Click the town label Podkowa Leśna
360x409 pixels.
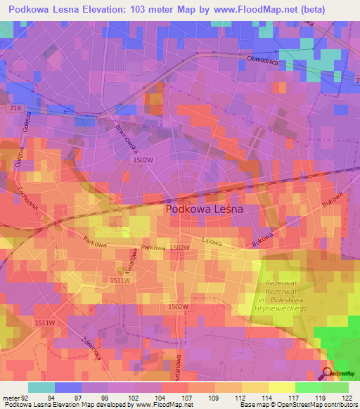[x=204, y=209]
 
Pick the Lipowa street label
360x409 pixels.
[x=212, y=240]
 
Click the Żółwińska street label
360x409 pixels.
[x=92, y=344]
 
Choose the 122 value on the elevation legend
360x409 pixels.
[x=347, y=397]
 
